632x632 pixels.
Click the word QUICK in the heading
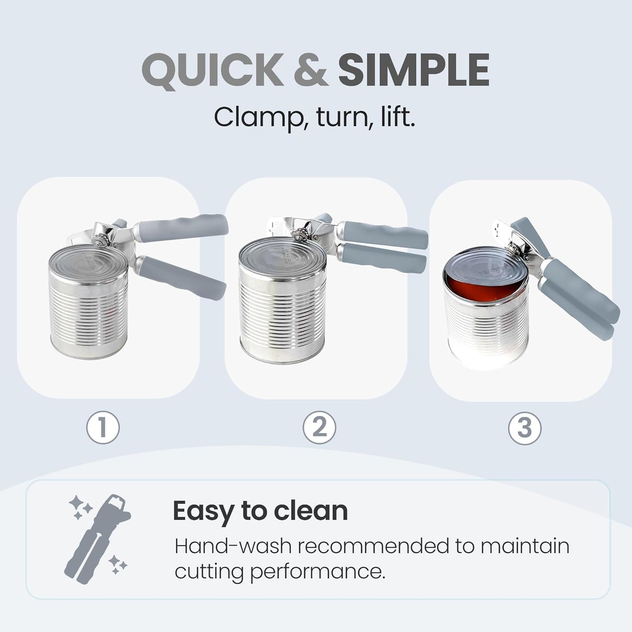pos(213,71)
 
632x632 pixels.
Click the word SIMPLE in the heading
pos(413,71)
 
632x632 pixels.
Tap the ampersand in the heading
pos(311,71)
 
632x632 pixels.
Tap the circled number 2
pos(319,427)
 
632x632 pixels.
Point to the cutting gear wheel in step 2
pos(300,235)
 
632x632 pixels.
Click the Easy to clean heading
pos(260,510)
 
